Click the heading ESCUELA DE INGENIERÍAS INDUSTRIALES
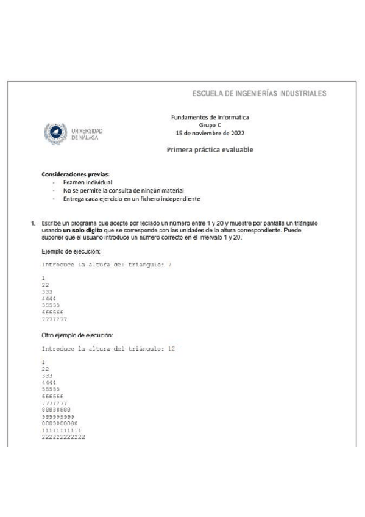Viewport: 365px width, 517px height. point(259,94)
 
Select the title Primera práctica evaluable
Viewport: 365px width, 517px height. point(210,150)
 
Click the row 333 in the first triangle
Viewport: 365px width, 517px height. point(47,292)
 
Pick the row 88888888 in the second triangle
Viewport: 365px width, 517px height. point(56,410)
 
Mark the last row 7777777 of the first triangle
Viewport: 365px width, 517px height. point(55,319)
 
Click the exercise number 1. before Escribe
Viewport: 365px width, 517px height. point(34,223)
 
